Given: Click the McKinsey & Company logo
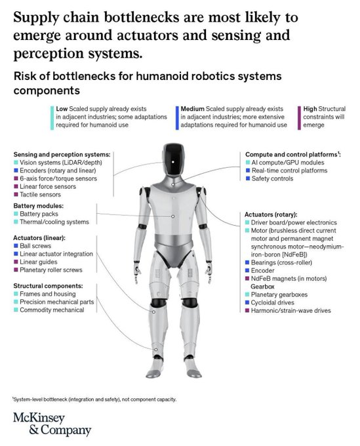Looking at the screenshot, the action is tap(52, 424).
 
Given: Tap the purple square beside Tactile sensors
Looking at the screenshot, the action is tap(16, 195).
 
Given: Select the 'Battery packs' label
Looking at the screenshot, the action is tap(39, 214).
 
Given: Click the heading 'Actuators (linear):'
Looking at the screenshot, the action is tap(39, 238).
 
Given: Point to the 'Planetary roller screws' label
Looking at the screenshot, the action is tap(51, 270).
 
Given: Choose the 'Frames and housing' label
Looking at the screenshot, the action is tap(48, 294).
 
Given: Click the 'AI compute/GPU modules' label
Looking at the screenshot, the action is tap(288, 163).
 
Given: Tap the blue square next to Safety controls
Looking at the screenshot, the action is tap(248, 178).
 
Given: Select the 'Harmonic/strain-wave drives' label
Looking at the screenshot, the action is tap(291, 311).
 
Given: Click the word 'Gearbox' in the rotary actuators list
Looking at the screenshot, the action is tap(262, 287).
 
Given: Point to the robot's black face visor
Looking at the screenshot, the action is tap(174, 160).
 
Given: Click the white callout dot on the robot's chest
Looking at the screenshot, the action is tap(172, 216).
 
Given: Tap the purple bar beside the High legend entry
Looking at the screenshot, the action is tap(299, 118).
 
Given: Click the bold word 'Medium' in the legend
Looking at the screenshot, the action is tap(193, 109).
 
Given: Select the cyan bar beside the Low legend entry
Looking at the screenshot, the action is tap(52, 118).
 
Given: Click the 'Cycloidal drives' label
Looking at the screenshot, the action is tap(272, 302).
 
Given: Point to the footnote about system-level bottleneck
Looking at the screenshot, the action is tap(94, 399).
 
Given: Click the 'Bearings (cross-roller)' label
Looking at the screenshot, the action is tap(281, 262).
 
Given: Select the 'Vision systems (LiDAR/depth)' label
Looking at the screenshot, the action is tap(61, 163).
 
